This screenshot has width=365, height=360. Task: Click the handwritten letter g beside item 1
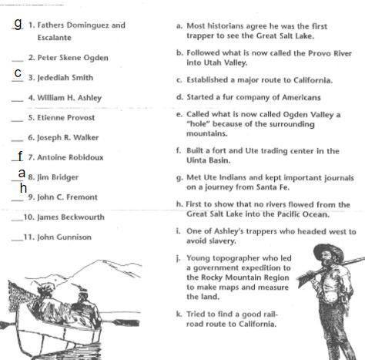coord(18,24)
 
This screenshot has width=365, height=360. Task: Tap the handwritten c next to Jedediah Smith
coord(18,73)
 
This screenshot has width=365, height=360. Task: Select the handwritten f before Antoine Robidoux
coord(20,156)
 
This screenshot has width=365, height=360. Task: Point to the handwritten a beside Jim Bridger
coord(22,173)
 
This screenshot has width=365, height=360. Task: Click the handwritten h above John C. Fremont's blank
coord(23,188)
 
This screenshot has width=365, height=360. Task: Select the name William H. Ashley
coord(69,98)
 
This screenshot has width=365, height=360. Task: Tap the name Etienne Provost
coord(66,118)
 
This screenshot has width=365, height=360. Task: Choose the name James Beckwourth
coord(71,217)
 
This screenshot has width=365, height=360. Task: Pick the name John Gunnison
coord(64,237)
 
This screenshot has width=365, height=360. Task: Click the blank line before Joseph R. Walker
coord(17,141)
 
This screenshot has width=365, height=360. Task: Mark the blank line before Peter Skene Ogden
coord(18,61)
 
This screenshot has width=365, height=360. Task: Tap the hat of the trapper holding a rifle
coord(329,251)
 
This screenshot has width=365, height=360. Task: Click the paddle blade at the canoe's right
coord(126,322)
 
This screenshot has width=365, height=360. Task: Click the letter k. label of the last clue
coord(179,315)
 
